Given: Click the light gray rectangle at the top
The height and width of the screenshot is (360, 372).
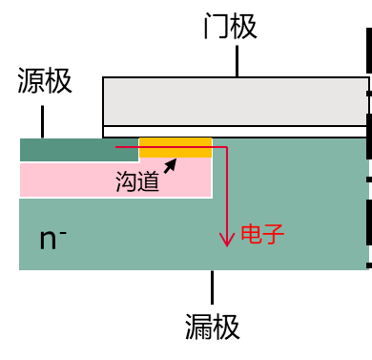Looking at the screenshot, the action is [235, 101].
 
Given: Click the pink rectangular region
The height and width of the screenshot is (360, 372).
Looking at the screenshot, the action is [67, 180].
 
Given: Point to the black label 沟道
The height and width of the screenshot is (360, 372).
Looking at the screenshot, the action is [137, 181].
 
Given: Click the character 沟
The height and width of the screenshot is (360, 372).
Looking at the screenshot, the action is [126, 181].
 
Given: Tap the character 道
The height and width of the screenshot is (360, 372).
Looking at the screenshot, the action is [149, 181].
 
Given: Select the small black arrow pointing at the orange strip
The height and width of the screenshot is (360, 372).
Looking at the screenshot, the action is [170, 166].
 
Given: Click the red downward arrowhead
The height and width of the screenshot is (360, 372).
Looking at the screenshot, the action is [227, 240].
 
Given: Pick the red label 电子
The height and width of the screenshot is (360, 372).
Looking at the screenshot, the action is [262, 234].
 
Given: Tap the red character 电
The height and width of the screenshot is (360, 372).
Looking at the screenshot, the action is [251, 234].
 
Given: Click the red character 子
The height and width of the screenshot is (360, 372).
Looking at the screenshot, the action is [274, 234].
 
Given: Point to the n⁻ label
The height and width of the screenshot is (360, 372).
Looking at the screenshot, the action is [52, 239].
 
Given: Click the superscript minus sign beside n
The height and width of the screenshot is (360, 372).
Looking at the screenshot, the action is [63, 230].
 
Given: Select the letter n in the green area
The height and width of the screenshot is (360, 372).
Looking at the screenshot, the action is [48, 241].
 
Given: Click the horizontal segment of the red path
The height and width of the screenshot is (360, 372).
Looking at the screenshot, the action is [172, 147].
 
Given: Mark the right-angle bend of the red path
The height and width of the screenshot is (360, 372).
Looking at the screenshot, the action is [227, 147].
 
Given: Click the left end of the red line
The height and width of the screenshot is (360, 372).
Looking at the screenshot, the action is [116, 147].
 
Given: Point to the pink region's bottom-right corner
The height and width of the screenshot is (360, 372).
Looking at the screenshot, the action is [211, 197].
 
